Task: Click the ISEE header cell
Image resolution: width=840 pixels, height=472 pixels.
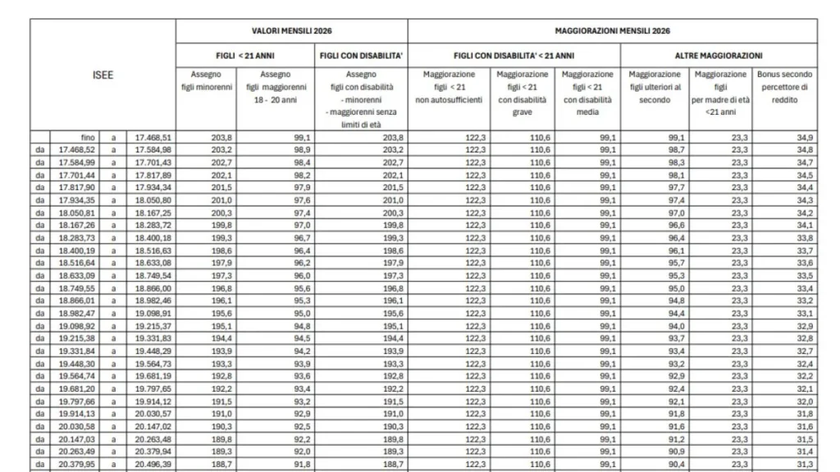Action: [x=103, y=75]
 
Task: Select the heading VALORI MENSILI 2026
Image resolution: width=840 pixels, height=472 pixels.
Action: [x=291, y=30]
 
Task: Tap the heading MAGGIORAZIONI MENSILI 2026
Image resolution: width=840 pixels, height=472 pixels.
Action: [x=612, y=30]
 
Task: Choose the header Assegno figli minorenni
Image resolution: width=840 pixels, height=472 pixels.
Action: [x=205, y=80]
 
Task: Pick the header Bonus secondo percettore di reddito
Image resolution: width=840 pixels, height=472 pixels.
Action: [x=785, y=87]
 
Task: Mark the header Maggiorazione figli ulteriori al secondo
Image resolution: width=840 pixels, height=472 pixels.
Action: [x=654, y=87]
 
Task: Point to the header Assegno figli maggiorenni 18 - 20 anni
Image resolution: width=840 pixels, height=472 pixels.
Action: [x=274, y=87]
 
